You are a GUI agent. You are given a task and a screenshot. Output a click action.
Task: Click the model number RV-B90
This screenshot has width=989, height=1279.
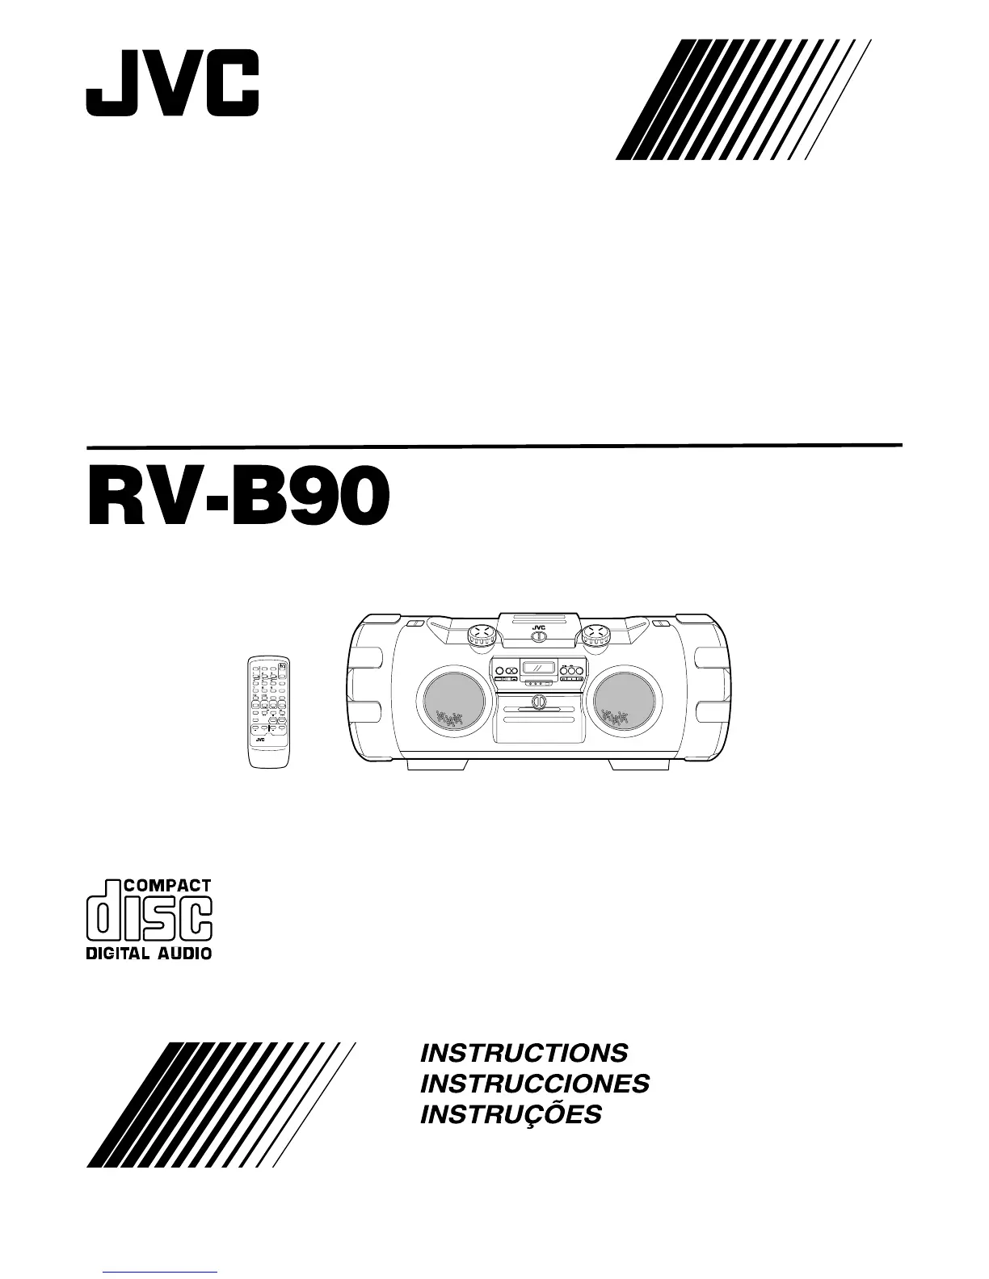238,500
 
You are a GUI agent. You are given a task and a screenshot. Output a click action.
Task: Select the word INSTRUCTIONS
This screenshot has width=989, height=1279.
524,1053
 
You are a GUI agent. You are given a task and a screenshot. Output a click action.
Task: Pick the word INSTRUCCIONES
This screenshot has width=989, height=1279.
535,1084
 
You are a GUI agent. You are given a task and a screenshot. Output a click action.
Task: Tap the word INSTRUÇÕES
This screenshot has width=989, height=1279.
511,1115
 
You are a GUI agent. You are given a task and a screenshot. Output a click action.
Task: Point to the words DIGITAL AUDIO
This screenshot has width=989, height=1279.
149,953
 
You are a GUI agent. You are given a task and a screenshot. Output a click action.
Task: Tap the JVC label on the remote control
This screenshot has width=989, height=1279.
260,740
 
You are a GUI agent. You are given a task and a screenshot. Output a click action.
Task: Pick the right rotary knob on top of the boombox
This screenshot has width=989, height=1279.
596,635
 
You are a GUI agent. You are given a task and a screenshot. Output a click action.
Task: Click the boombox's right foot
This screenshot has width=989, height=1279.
638,764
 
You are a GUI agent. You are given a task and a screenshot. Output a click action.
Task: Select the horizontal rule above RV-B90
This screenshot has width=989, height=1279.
494,446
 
